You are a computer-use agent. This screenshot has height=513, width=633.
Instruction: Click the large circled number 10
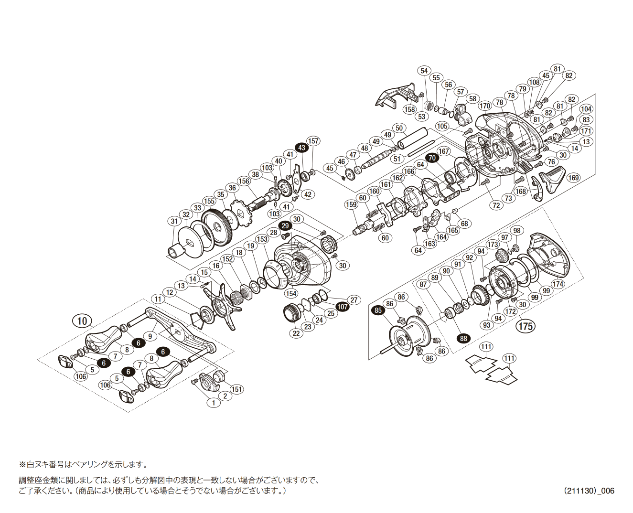tap(82, 321)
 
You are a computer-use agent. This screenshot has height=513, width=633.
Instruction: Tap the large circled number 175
tap(525, 326)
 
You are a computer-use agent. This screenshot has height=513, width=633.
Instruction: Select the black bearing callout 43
tap(301, 148)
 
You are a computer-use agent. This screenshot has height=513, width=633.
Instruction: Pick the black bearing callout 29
tap(285, 225)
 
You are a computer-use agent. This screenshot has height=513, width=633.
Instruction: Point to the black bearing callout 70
tap(432, 158)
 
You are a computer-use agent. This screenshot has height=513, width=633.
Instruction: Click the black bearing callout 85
tap(378, 310)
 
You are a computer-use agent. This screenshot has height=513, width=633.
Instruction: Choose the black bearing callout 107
tap(343, 307)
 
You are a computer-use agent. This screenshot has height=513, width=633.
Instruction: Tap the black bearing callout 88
tap(463, 338)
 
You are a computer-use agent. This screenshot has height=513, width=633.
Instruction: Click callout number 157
tap(313, 141)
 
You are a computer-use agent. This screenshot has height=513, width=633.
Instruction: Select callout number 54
tap(424, 71)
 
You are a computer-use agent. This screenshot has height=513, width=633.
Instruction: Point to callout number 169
tap(573, 178)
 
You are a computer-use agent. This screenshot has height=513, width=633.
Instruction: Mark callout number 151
tap(237, 389)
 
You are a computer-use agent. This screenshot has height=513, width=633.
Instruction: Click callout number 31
tap(174, 221)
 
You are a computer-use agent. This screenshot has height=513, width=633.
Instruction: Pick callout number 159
tap(351, 204)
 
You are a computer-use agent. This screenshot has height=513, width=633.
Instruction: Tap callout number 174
tap(558, 284)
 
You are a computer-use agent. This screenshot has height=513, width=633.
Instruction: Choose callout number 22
tap(296, 333)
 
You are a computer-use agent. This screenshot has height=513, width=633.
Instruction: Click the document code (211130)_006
tap(589, 491)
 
